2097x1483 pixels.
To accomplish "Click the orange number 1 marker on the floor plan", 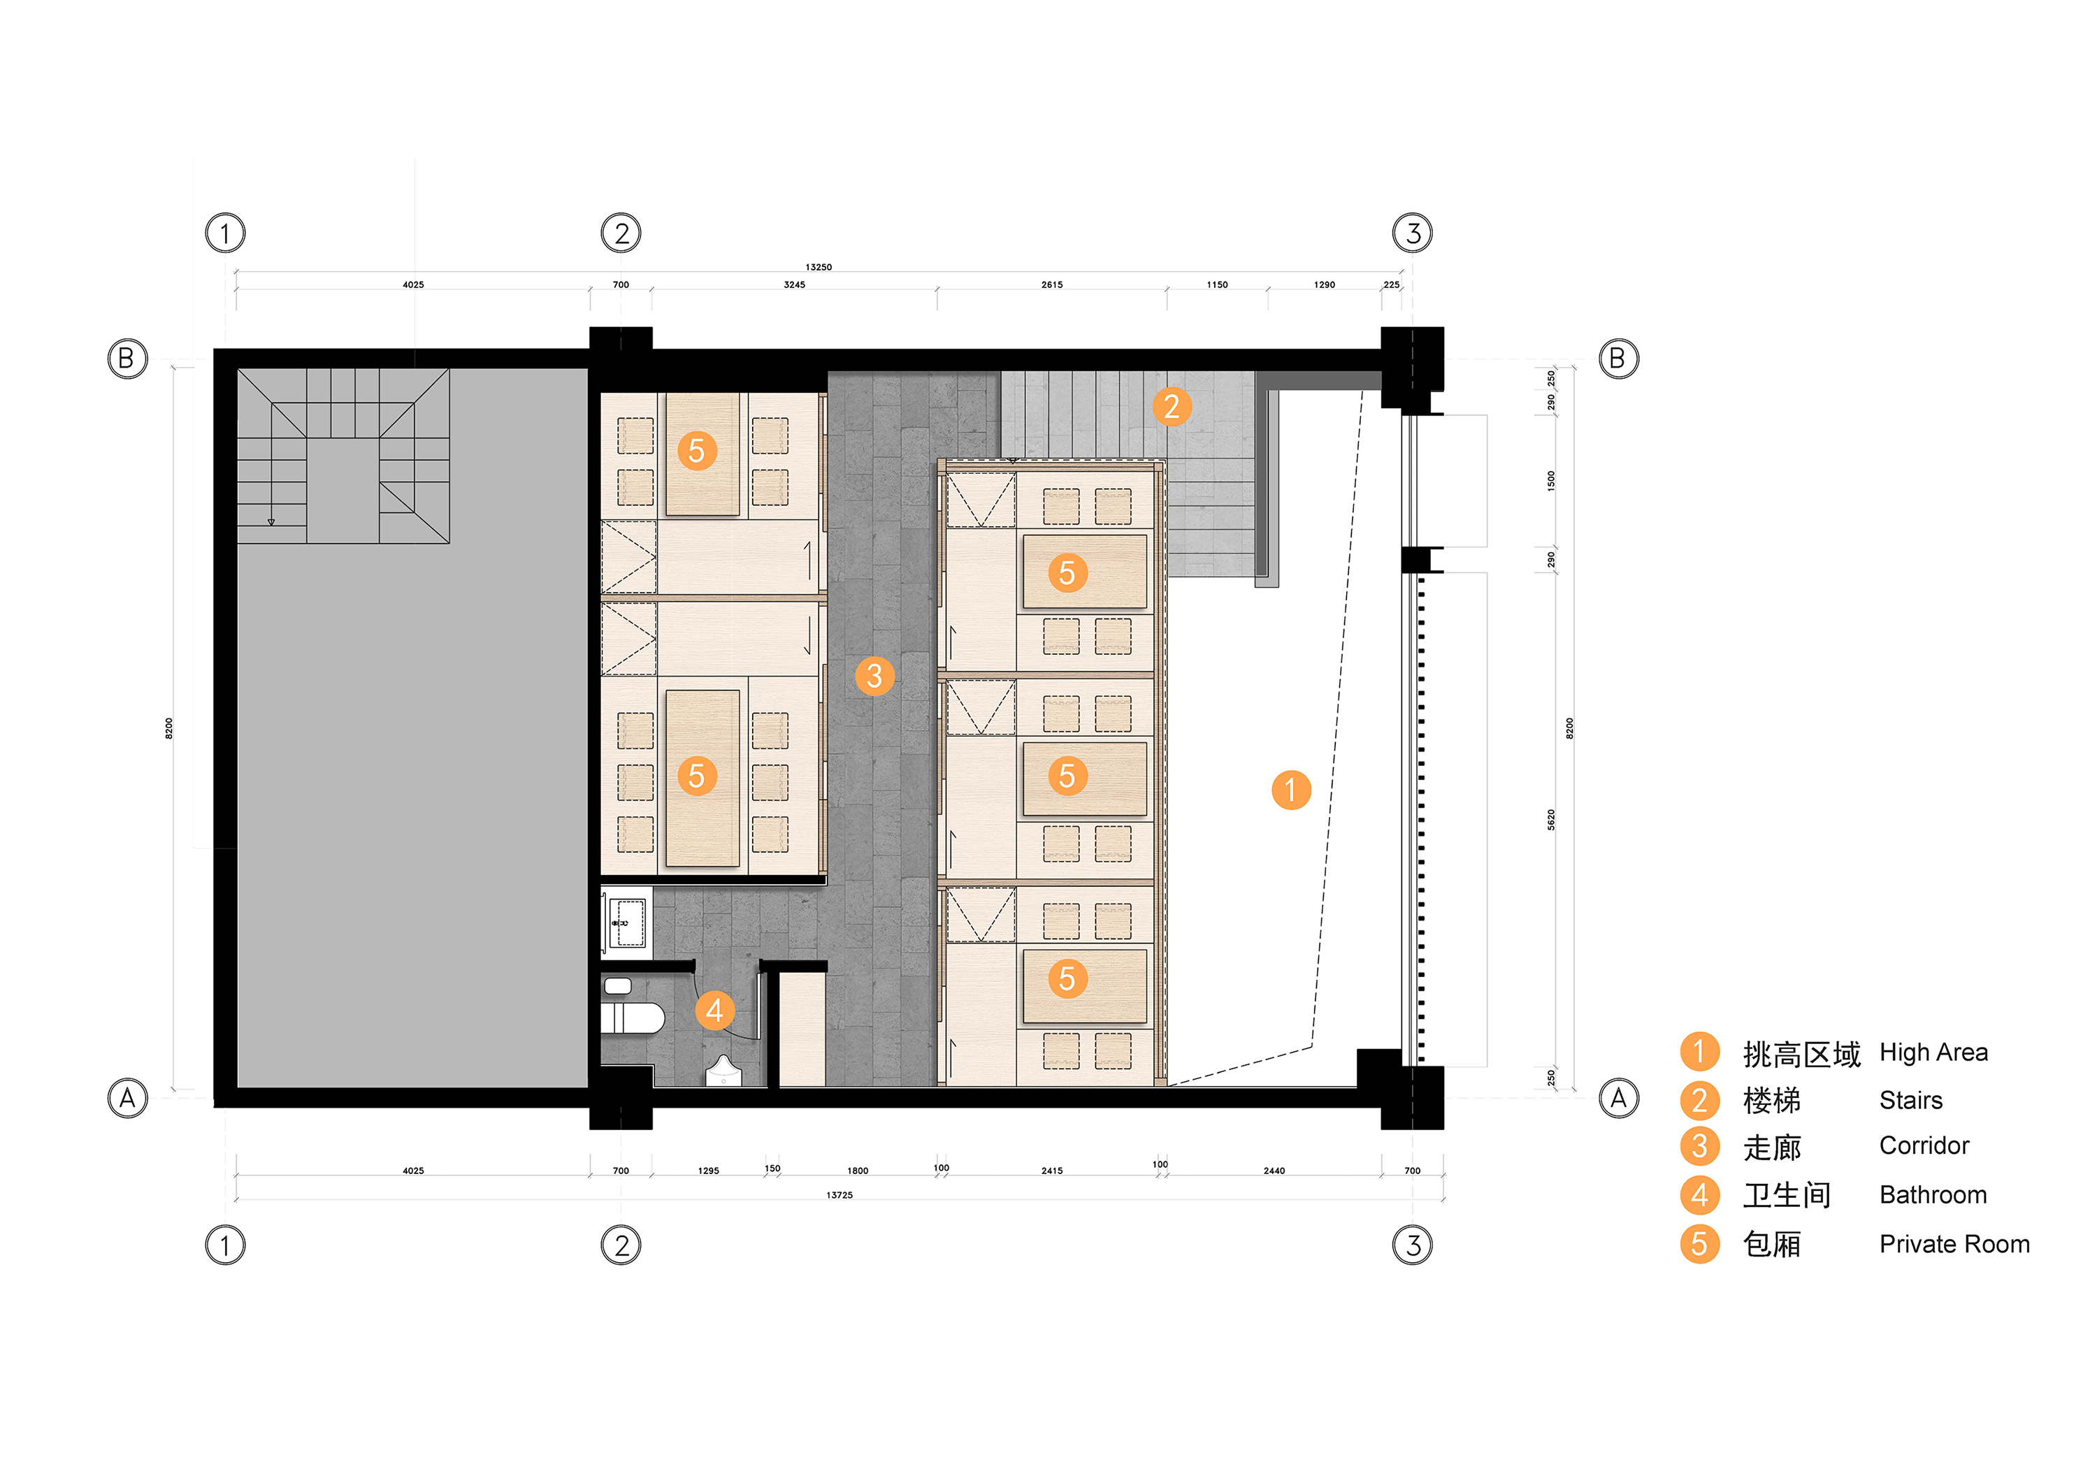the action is point(1290,790).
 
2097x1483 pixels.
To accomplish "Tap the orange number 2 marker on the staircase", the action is point(1171,406).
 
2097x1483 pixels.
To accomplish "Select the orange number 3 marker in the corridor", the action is point(874,676).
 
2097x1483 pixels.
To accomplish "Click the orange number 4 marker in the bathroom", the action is point(714,1011).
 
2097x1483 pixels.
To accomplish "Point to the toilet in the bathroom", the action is point(633,1018).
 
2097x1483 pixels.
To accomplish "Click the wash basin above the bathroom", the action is point(626,923).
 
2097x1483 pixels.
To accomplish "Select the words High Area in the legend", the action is point(1933,1053).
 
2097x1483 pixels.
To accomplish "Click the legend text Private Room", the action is point(1954,1244).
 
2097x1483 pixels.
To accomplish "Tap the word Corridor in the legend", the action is point(1924,1145).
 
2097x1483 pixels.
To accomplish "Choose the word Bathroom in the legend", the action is point(1933,1194).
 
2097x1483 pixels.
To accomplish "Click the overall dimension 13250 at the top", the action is point(819,268).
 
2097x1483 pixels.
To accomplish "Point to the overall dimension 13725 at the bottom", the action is point(839,1195).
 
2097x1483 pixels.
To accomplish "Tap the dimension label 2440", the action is point(1274,1171).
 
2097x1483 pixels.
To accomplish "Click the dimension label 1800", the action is point(858,1171).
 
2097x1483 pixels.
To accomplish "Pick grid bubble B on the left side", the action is point(127,359).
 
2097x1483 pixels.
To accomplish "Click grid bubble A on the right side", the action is point(1618,1098).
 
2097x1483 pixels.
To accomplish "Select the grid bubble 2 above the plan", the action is point(621,233).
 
